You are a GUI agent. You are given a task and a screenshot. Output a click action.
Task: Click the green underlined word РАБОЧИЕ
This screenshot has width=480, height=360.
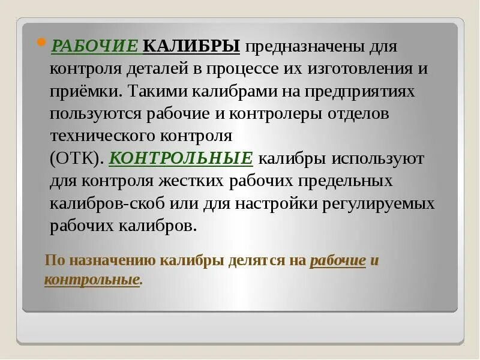tap(96, 46)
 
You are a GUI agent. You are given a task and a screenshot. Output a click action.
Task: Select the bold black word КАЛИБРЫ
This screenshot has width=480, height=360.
tap(192, 46)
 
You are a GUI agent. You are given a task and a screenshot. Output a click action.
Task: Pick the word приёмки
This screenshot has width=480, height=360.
tap(87, 92)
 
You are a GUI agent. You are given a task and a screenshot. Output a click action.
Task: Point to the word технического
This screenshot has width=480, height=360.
tap(98, 136)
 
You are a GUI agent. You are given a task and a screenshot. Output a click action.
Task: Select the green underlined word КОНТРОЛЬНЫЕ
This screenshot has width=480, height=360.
tap(182, 158)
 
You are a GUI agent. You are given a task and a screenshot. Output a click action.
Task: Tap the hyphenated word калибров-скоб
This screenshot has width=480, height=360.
tap(101, 203)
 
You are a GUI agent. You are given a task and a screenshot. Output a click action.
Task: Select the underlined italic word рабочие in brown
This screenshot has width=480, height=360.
tap(338, 261)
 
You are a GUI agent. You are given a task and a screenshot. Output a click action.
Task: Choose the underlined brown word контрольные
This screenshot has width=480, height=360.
tap(92, 280)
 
